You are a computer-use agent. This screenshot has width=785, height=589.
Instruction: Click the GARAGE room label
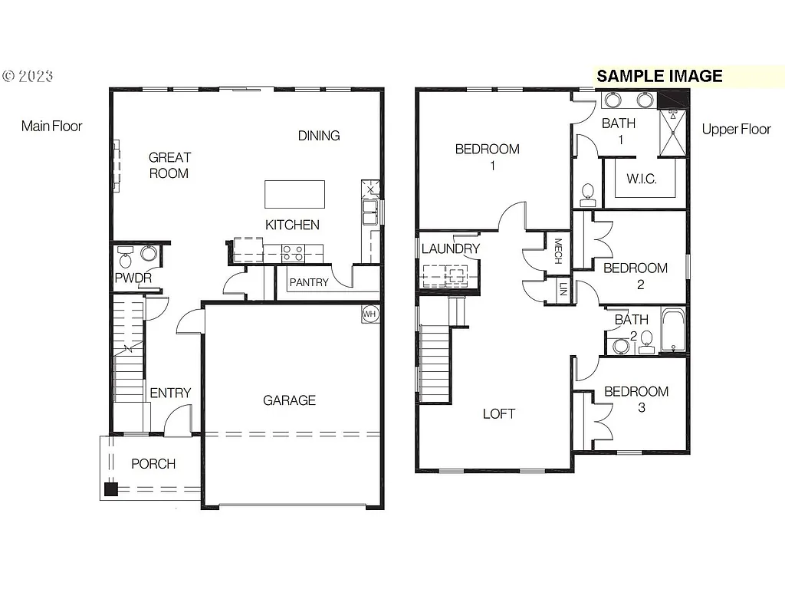tap(289, 400)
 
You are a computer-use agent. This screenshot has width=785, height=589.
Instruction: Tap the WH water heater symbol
tap(370, 314)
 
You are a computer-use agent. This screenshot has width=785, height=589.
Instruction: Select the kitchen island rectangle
tap(294, 194)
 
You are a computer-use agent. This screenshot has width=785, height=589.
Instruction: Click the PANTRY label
tap(309, 282)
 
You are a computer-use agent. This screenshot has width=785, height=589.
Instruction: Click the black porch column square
tap(111, 489)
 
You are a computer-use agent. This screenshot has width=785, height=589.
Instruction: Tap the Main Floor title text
tap(51, 126)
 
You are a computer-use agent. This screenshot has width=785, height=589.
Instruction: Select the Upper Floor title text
tap(736, 129)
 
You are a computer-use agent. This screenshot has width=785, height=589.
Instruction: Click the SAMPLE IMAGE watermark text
tap(659, 76)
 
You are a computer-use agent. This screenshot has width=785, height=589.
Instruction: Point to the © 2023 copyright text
tap(28, 76)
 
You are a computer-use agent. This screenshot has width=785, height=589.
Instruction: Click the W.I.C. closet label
tap(641, 179)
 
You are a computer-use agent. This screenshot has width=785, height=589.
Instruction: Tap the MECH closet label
tap(558, 251)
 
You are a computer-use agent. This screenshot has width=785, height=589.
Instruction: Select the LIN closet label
tap(563, 290)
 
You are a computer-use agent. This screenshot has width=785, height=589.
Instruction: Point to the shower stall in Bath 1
tap(674, 133)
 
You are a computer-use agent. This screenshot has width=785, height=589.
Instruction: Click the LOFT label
tap(498, 413)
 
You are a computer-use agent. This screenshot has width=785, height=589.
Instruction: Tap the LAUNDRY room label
tap(450, 248)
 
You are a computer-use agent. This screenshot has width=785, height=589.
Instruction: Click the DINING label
tap(319, 136)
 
